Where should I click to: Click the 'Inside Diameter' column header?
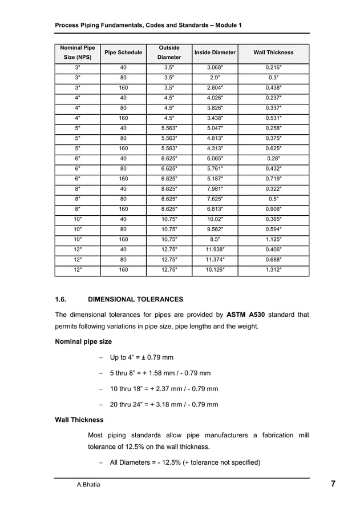click(215, 53)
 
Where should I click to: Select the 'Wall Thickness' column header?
click(273, 53)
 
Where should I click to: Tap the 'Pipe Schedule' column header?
click(123, 53)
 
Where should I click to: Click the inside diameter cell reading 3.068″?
click(215, 68)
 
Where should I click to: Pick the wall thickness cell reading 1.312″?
click(273, 270)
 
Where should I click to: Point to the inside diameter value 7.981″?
click(215, 189)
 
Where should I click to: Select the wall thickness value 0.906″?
click(273, 210)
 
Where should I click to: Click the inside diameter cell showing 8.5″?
click(215, 240)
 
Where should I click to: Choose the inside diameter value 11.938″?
click(215, 250)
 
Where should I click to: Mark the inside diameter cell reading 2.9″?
click(215, 78)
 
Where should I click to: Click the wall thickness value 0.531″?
click(273, 119)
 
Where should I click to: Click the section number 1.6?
click(60, 299)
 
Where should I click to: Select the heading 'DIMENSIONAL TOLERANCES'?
click(136, 299)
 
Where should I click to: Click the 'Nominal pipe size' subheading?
click(83, 342)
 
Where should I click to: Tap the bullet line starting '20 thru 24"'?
click(163, 405)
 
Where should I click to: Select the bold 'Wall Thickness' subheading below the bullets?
click(79, 420)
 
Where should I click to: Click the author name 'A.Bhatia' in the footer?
click(89, 485)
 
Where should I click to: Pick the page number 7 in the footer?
click(333, 485)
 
